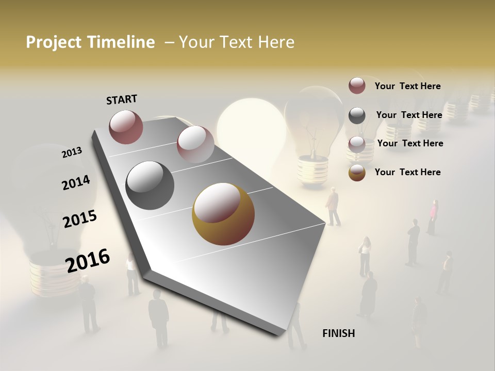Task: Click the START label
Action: click(x=122, y=99)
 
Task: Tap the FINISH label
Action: click(x=338, y=333)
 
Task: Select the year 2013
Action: click(x=72, y=153)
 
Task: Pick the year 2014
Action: click(x=76, y=183)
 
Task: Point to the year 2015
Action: click(x=80, y=219)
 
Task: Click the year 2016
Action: click(x=88, y=260)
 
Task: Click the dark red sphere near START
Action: click(x=126, y=127)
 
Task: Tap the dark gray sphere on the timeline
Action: click(x=150, y=185)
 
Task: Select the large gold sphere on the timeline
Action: click(x=223, y=214)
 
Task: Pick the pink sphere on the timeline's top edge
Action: click(x=195, y=144)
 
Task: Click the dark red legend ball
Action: click(x=357, y=86)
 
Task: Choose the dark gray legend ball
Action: click(x=357, y=115)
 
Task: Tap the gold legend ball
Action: click(x=357, y=173)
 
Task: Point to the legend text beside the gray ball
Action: click(x=409, y=115)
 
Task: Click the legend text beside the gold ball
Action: click(x=407, y=172)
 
